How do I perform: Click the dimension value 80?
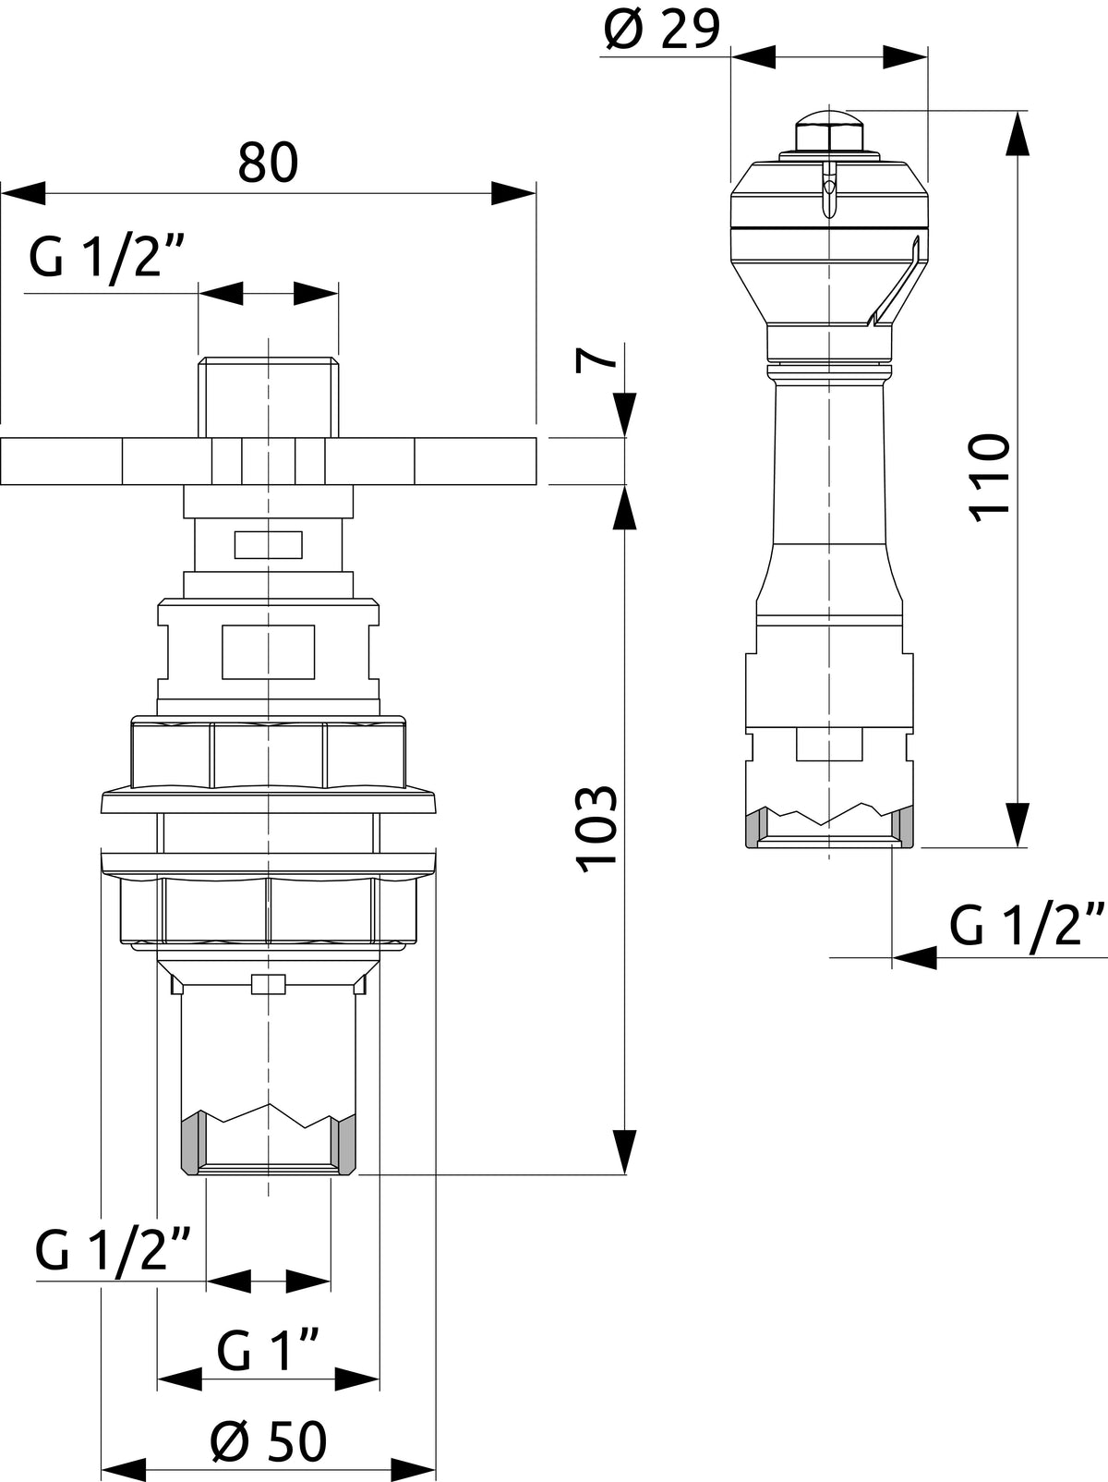coord(268,162)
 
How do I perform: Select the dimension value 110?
coord(990,478)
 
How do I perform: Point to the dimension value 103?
coord(596,830)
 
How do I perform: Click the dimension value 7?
coord(596,359)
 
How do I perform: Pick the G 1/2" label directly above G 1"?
coord(113,1250)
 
